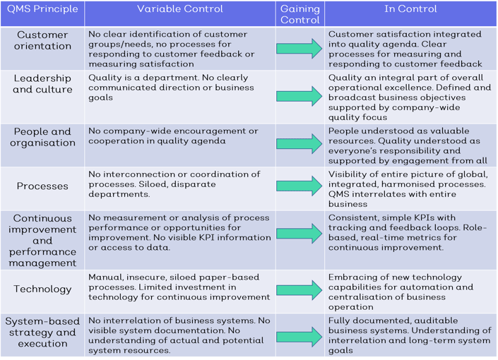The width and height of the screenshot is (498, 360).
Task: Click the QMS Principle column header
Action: tap(42, 9)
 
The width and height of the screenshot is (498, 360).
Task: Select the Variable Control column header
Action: tap(179, 9)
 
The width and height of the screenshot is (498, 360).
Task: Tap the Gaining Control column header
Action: tap(300, 14)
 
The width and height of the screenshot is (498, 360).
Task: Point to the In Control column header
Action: tap(410, 9)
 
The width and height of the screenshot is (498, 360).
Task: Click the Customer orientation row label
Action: tap(42, 40)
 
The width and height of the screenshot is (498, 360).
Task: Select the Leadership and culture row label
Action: tap(42, 84)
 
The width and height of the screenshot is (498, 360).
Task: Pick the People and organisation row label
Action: tap(42, 137)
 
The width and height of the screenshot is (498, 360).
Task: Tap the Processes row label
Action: tap(42, 186)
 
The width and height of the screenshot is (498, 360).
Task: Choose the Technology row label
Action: tap(42, 289)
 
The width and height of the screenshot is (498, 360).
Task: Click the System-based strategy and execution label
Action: tap(42, 332)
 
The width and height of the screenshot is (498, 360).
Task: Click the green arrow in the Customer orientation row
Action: tap(300, 49)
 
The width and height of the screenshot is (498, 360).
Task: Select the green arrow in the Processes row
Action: tap(300, 186)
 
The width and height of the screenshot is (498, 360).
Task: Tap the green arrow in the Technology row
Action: tap(300, 290)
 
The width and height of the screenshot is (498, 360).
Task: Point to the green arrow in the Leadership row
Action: tap(300, 96)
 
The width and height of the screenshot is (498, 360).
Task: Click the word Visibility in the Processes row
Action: tap(347, 174)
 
